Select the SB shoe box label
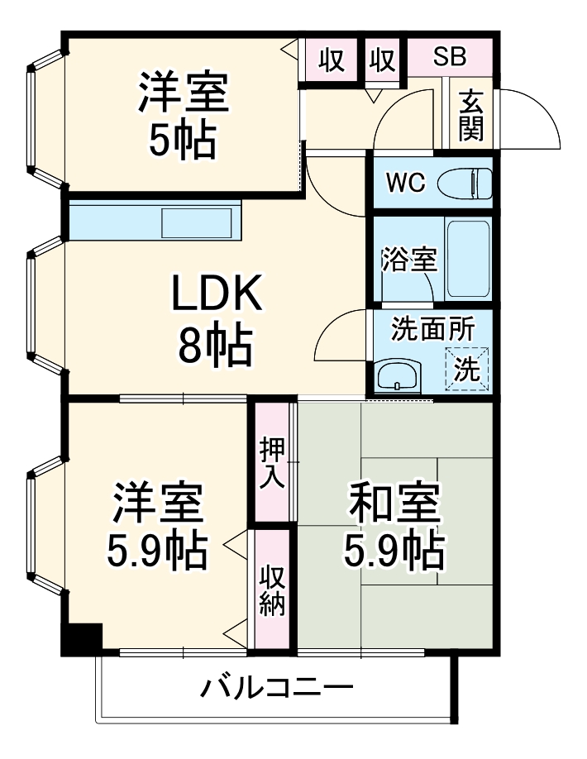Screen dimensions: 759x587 (x=451, y=58)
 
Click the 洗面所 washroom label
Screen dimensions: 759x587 (x=422, y=328)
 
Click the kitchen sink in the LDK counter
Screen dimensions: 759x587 (x=197, y=222)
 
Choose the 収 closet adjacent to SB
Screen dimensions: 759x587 (x=383, y=60)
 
